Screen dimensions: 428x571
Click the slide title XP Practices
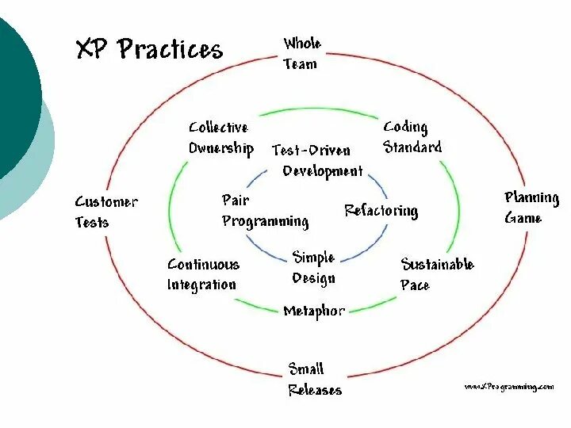(149, 49)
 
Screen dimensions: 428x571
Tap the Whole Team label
(302, 54)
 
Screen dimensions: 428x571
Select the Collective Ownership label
(220, 137)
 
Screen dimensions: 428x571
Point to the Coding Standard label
(412, 137)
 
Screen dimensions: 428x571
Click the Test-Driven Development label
(317, 160)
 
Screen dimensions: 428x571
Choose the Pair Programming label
(265, 211)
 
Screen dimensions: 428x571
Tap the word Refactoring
(381, 211)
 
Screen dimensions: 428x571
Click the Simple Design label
(314, 267)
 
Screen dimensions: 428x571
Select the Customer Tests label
(105, 212)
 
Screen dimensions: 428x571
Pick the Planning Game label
(531, 207)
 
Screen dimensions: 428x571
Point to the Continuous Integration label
(202, 274)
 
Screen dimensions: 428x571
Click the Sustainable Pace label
(436, 274)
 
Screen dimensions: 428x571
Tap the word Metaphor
(314, 311)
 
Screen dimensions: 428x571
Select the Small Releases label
(315, 379)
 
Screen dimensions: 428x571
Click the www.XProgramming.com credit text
(508, 386)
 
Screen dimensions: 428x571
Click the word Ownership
(220, 148)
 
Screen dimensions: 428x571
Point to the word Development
(323, 170)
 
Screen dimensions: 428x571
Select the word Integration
(201, 285)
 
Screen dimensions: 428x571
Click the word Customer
(105, 201)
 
